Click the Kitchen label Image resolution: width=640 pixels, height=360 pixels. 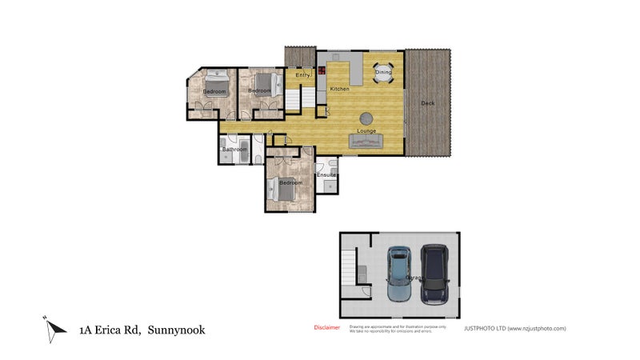point(339,89)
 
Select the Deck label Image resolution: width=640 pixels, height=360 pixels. point(428,103)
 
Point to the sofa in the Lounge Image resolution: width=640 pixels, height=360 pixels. point(366,142)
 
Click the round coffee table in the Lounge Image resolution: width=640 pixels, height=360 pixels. point(366,116)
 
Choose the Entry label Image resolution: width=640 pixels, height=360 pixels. point(302,75)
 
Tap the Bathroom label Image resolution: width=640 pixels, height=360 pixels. point(234,150)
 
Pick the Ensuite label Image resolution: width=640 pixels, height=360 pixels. point(326,174)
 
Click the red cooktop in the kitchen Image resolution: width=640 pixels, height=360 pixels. point(322,70)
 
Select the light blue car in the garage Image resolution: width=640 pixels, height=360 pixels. point(398,274)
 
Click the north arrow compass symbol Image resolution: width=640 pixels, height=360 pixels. point(54,328)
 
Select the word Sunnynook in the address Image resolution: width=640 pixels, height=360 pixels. point(175,329)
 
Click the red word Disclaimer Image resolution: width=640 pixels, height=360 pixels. point(326,327)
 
